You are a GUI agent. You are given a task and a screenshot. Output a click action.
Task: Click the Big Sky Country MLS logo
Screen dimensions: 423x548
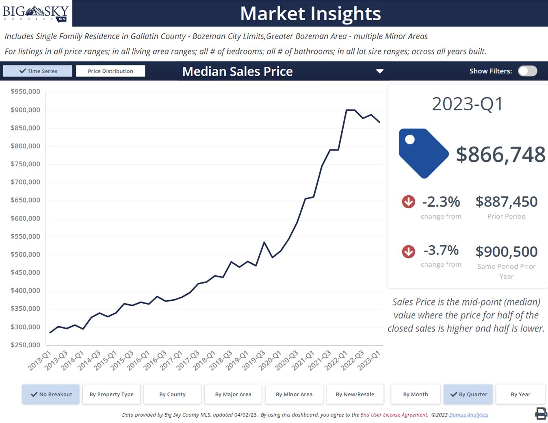click(x=36, y=13)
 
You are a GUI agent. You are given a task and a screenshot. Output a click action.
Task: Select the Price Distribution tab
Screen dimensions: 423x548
click(x=110, y=71)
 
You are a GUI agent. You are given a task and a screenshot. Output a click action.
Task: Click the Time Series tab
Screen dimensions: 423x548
click(x=38, y=71)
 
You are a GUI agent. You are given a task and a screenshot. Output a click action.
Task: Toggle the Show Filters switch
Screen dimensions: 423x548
click(x=527, y=71)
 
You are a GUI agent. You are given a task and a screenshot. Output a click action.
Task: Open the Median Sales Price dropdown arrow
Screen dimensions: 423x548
click(x=379, y=71)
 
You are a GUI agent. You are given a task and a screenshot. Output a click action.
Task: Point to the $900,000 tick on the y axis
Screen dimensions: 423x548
click(x=25, y=110)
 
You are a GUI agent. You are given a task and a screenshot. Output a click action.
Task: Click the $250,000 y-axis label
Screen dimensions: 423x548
click(x=25, y=345)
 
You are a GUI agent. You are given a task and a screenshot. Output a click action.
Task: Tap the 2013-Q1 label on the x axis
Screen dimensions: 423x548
click(x=40, y=360)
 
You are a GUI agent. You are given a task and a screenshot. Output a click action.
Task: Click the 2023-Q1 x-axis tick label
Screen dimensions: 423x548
click(x=369, y=360)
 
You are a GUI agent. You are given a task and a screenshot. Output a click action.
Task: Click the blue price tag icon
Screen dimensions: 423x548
click(x=422, y=153)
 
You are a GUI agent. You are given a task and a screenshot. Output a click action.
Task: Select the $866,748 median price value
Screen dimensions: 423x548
click(x=500, y=155)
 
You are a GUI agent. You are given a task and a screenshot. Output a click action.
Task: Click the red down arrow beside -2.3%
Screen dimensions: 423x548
click(x=408, y=202)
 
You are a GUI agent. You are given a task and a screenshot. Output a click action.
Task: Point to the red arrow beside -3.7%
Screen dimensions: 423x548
click(x=408, y=252)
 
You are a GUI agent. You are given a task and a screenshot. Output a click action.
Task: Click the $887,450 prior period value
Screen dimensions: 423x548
click(x=506, y=202)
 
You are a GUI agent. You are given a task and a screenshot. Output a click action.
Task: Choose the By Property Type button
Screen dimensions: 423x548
click(x=111, y=394)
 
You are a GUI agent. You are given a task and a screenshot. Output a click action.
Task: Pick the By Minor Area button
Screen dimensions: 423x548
click(x=294, y=394)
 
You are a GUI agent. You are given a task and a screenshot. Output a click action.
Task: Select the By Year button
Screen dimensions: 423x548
click(x=520, y=394)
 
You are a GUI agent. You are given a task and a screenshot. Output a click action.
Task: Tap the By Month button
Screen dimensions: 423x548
click(x=415, y=394)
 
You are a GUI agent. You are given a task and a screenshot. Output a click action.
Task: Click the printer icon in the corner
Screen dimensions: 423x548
click(x=541, y=413)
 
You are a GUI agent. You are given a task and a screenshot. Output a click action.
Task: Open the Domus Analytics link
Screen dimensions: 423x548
click(x=468, y=415)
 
